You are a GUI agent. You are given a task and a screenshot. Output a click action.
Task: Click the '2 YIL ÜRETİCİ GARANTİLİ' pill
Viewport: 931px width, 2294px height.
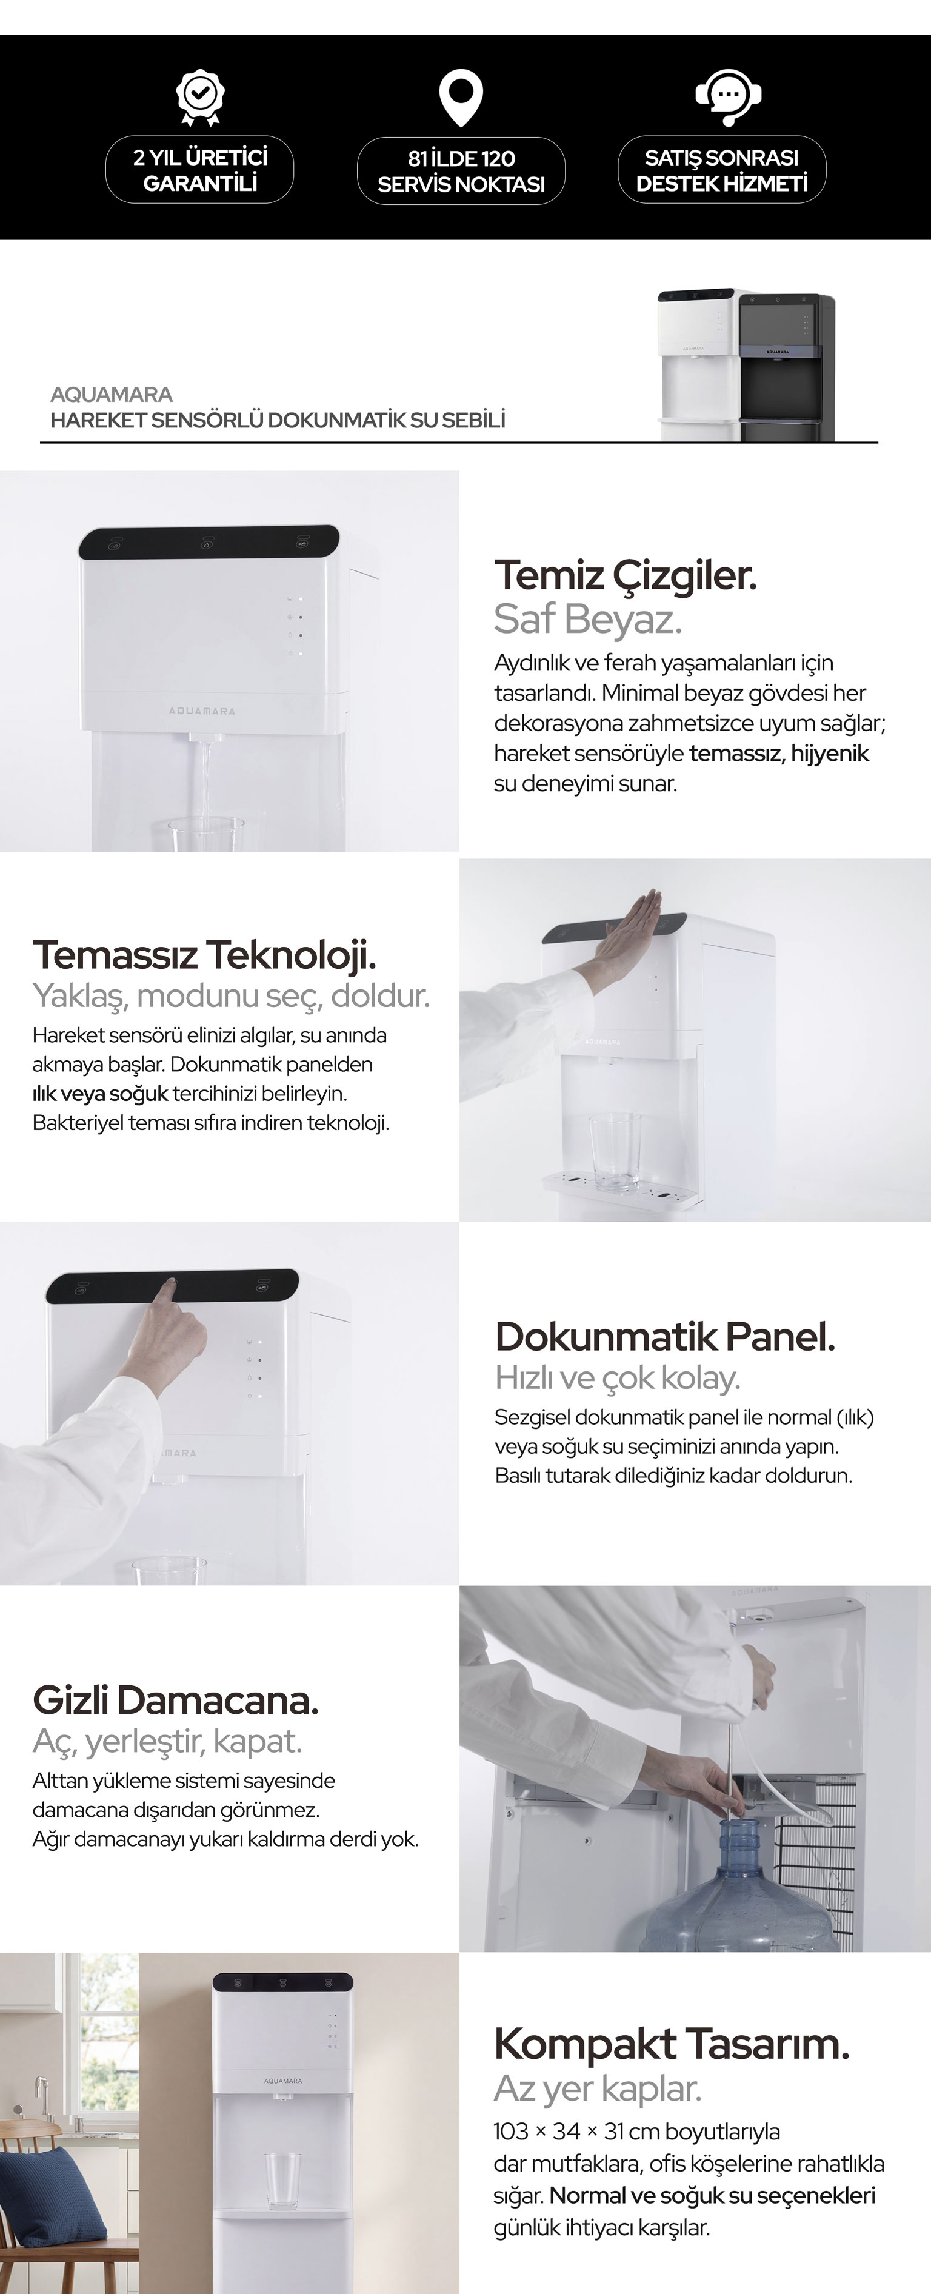tap(200, 170)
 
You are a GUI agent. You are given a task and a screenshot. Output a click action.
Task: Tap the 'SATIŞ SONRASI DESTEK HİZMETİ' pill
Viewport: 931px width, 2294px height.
tap(722, 170)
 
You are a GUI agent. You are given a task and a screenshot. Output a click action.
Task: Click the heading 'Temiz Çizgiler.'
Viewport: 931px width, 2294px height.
tap(625, 575)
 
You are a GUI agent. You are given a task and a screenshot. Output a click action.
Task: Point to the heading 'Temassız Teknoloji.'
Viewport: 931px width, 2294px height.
tap(204, 955)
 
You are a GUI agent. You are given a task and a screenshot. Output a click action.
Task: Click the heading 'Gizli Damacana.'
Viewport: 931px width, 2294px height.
tap(175, 1700)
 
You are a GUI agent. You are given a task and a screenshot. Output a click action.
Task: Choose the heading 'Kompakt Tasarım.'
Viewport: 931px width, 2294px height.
tap(671, 2044)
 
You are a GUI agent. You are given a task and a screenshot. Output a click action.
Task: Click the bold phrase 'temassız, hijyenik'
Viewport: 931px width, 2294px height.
tap(779, 754)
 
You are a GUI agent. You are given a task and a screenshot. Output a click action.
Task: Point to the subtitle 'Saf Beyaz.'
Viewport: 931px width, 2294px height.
tap(587, 620)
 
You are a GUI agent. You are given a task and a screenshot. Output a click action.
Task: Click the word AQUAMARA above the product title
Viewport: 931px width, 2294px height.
tap(112, 395)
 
